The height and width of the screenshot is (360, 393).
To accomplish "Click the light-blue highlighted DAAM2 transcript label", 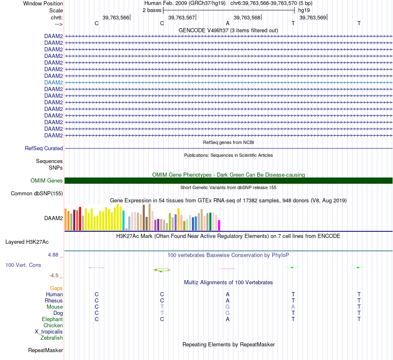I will tap(53, 82).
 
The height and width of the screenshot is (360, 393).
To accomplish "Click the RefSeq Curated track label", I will tap(44, 148).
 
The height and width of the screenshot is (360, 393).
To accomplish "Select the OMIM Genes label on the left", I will tap(47, 180).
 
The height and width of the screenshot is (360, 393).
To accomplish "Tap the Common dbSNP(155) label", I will tap(37, 193).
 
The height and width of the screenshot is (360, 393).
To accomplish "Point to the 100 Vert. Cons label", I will tap(23, 265).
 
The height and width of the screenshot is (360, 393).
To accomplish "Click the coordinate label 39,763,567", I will tap(182, 17).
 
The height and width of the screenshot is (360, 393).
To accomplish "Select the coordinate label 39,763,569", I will tap(313, 17).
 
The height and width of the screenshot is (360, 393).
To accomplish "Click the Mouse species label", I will tap(55, 307).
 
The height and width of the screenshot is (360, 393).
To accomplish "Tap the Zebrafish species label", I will tap(52, 338).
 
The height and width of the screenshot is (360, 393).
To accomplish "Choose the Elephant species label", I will tap(52, 319).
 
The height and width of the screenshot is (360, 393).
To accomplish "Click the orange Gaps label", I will tap(56, 288).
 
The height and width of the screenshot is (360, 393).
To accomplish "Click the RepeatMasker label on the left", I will tap(46, 350).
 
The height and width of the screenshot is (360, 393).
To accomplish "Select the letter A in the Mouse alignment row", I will tap(293, 307).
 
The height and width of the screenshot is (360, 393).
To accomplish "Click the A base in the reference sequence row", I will tap(228, 24).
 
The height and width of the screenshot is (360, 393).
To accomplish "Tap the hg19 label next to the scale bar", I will tap(304, 10).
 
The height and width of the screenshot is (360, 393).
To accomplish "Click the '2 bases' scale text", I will tap(152, 10).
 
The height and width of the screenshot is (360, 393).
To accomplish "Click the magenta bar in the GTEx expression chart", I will tap(219, 225).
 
